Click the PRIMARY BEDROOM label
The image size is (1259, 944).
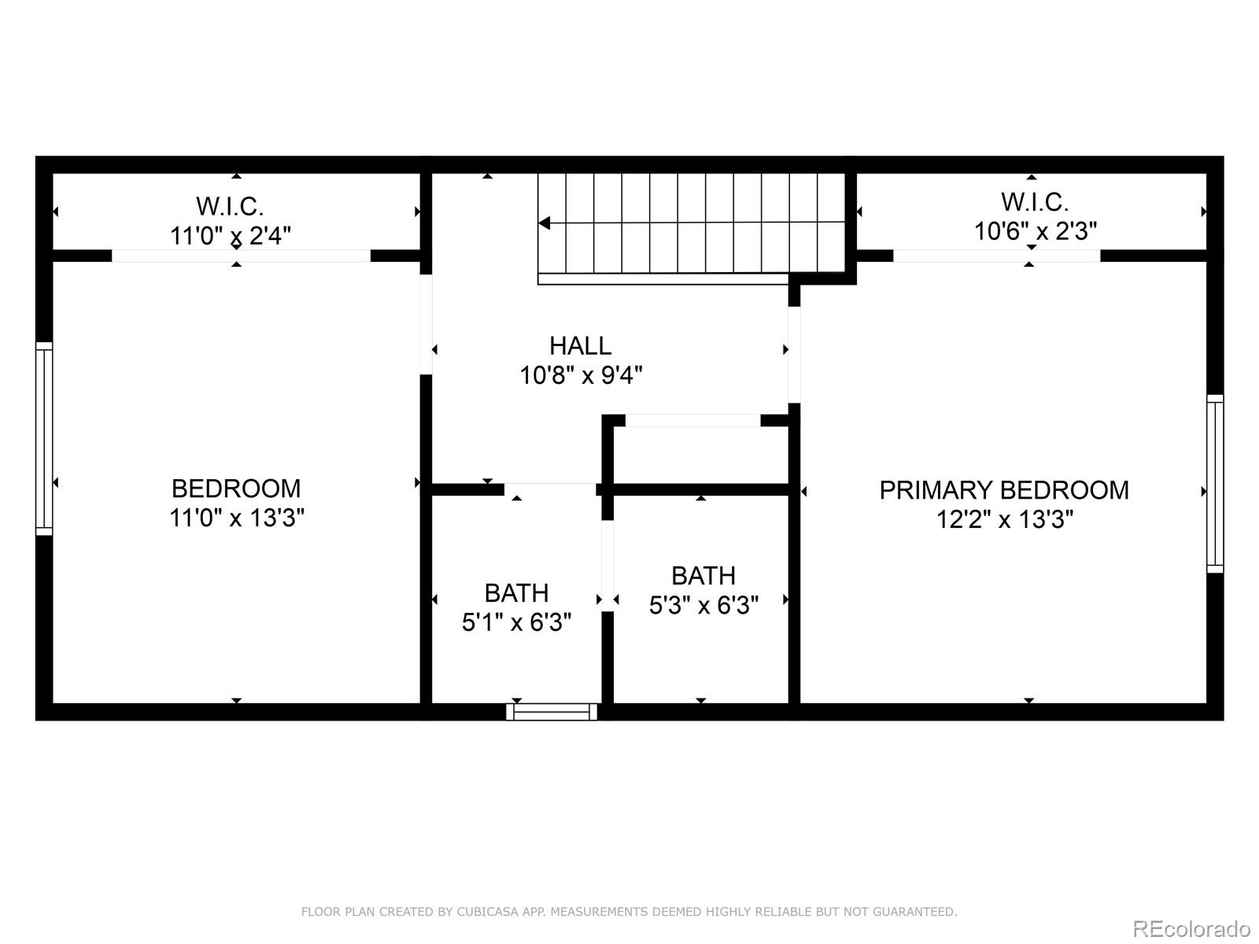[1003, 490]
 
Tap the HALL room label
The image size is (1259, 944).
[580, 346]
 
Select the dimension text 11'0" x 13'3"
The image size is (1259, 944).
[236, 518]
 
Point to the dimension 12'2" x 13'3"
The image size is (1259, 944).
[1004, 519]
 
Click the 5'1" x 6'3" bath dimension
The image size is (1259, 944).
[516, 622]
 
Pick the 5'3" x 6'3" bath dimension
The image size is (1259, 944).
[703, 605]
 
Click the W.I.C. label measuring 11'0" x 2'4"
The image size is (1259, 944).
[229, 206]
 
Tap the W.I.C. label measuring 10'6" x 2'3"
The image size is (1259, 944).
[1034, 202]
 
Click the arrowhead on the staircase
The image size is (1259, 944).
[545, 223]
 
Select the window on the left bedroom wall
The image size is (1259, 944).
[44, 439]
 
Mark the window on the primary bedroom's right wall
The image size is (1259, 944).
[1215, 483]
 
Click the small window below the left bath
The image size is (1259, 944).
[551, 712]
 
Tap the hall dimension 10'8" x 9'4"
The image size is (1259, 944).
[581, 375]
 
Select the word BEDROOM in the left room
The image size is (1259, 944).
[236, 489]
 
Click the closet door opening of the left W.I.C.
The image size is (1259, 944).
[240, 256]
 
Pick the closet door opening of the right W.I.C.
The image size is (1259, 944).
[996, 256]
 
